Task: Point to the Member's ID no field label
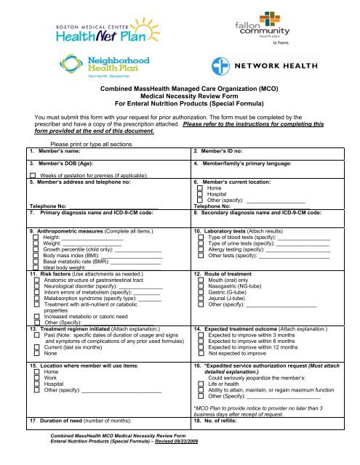pyautogui.click(x=222, y=150)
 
